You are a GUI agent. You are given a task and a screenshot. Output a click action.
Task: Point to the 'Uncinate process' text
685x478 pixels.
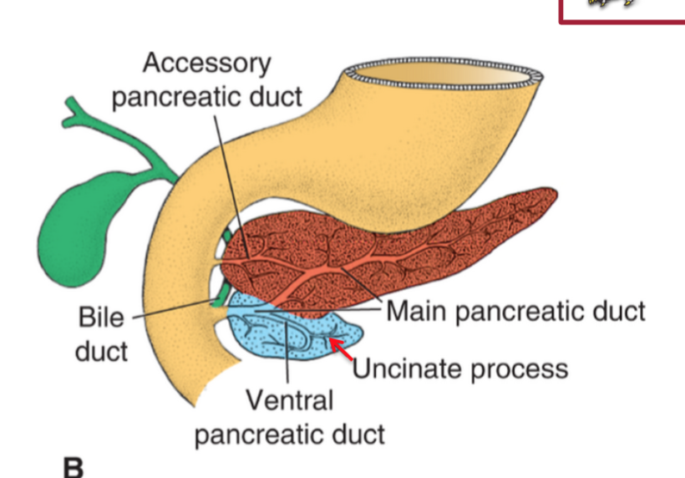[x=459, y=368]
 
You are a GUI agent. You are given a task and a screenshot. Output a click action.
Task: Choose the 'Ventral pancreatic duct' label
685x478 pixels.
[x=290, y=417]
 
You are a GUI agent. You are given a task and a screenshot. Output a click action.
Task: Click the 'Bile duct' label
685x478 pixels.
[x=102, y=333]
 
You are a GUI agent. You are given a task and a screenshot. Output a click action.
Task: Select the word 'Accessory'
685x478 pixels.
[x=206, y=63]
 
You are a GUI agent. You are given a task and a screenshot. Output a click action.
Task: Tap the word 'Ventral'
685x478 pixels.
[x=290, y=400]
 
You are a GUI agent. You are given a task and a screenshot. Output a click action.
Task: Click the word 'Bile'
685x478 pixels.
[x=101, y=318]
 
